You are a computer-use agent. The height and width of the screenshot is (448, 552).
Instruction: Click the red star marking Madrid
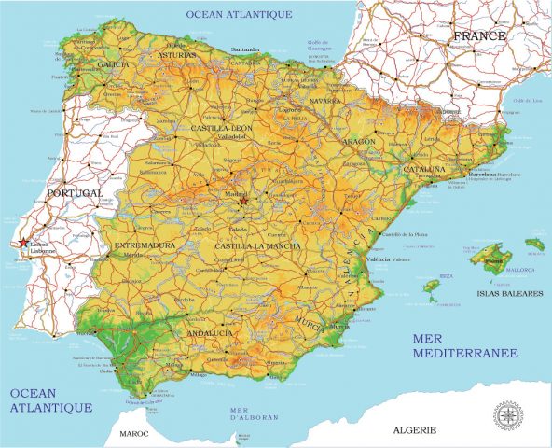243,201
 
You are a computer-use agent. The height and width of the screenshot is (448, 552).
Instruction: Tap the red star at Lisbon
23,243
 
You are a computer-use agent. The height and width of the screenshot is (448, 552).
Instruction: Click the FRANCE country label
478,36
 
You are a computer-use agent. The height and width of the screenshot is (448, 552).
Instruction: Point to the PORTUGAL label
74,192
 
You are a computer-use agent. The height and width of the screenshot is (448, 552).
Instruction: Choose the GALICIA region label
113,64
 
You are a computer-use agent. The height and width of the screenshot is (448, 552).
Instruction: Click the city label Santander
244,49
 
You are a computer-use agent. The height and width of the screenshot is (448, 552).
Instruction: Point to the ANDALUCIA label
211,333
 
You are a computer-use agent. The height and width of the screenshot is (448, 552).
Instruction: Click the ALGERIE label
412,429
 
